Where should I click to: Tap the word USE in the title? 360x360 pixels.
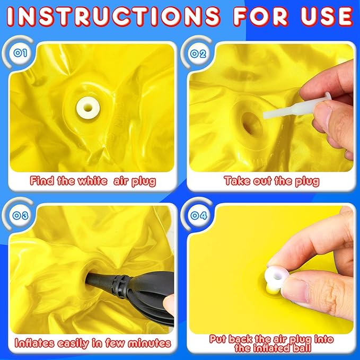[x=327, y=16]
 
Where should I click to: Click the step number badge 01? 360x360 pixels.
[x=20, y=53]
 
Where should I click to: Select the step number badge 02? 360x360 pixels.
[x=198, y=54]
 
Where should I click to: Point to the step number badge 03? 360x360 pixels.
[x=20, y=215]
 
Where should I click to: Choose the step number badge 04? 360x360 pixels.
[x=199, y=215]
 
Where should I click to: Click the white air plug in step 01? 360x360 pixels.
[x=88, y=108]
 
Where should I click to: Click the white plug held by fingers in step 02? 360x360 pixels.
[x=296, y=108]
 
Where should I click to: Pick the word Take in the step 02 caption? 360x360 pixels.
[x=238, y=181]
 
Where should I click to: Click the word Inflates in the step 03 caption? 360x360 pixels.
[x=35, y=343]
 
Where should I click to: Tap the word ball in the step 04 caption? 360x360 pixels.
[x=301, y=348]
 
